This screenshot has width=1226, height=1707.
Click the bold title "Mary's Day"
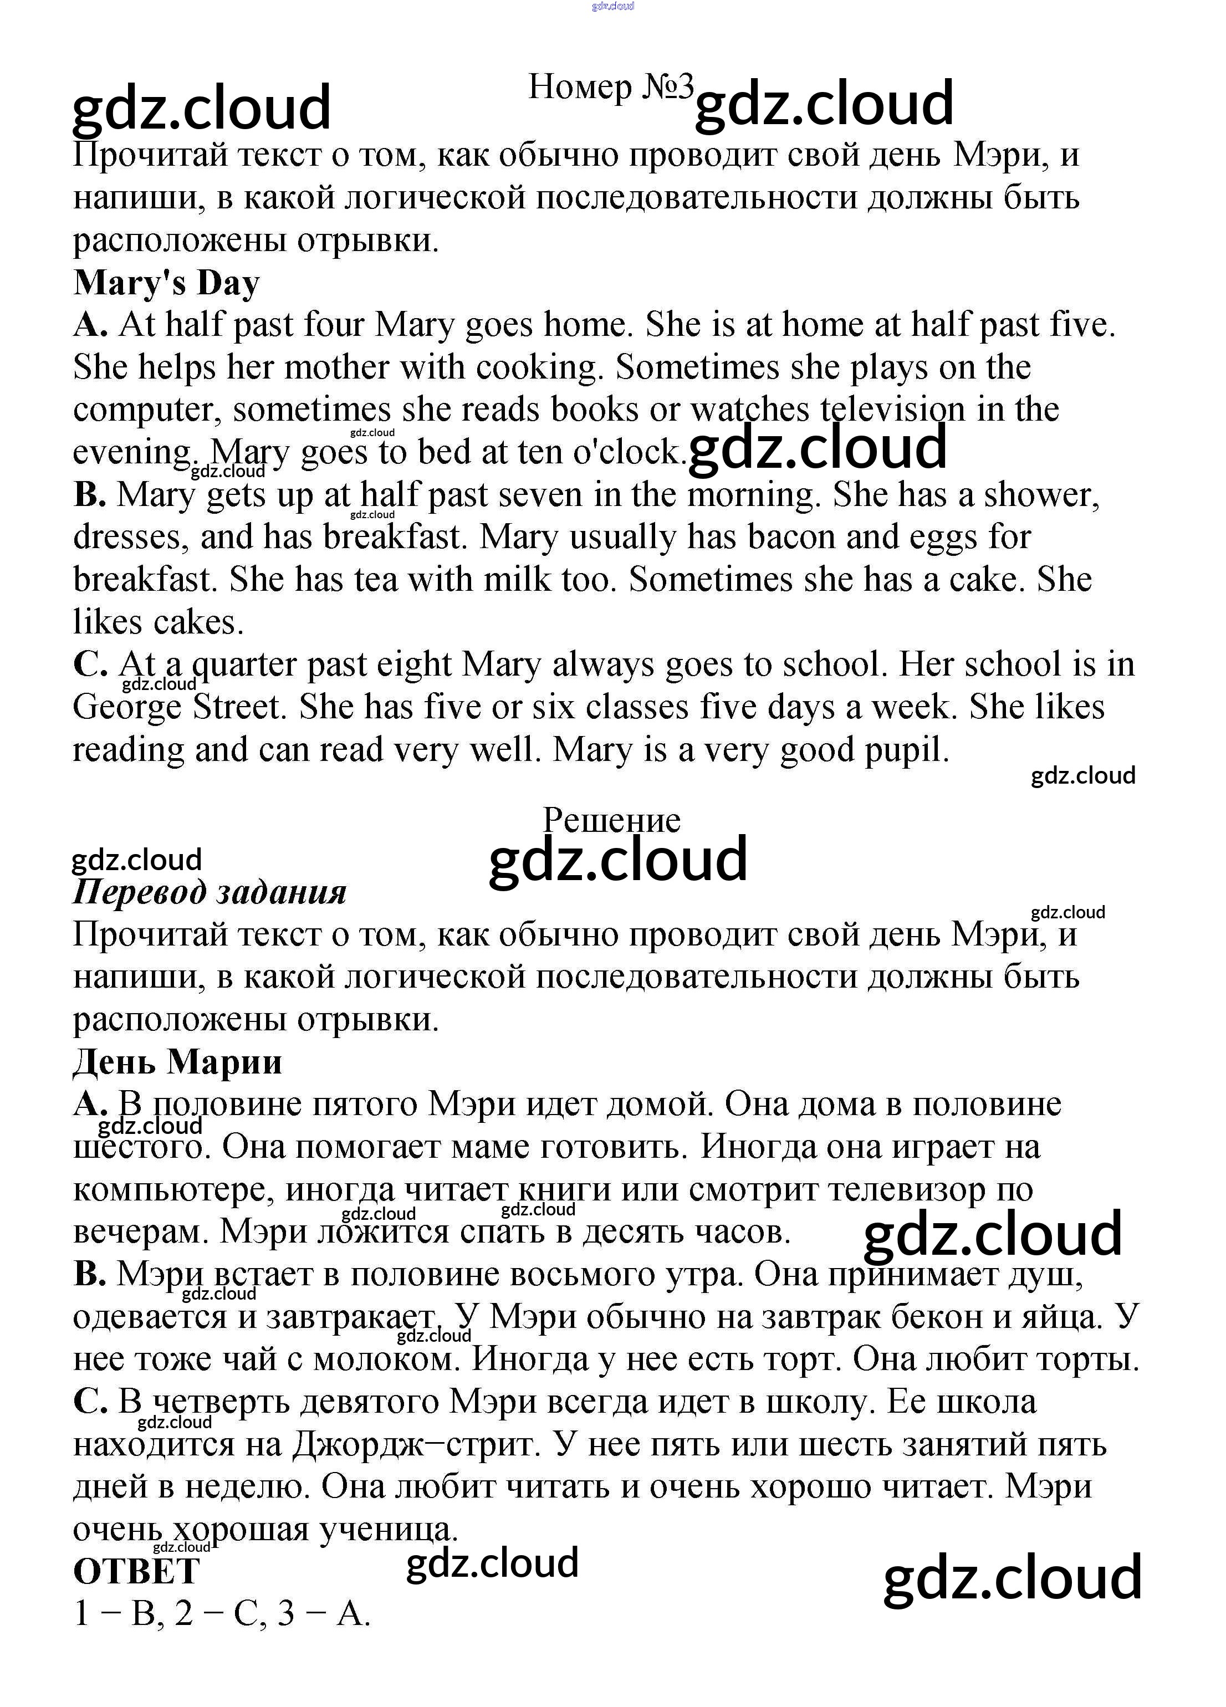[x=166, y=283]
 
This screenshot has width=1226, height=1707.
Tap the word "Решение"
[x=611, y=820]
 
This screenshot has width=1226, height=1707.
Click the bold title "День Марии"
[x=177, y=1062]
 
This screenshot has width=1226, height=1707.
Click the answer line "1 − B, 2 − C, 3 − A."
[x=222, y=1614]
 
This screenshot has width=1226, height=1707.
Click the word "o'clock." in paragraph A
[x=630, y=452]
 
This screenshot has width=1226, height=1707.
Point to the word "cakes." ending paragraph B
[x=200, y=622]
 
